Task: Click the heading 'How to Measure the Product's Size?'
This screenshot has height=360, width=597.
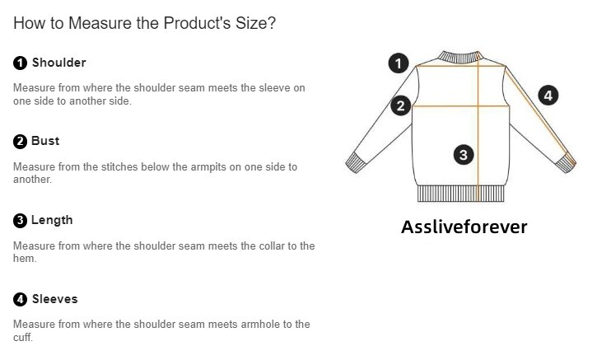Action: (144, 23)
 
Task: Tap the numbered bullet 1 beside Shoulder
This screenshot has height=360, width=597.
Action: (21, 63)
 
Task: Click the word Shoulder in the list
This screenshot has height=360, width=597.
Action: (59, 63)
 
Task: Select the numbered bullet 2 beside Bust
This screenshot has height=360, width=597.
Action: (21, 142)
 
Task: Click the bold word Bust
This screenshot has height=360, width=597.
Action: (45, 141)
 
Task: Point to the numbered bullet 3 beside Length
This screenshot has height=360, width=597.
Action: (21, 221)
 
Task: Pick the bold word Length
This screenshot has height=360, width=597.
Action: (52, 220)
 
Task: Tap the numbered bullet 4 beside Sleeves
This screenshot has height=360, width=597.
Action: (21, 299)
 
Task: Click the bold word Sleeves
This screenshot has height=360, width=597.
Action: (55, 299)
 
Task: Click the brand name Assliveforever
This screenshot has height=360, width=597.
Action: (464, 227)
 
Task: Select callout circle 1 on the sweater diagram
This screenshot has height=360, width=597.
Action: (399, 63)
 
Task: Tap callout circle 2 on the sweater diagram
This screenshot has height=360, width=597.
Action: (400, 106)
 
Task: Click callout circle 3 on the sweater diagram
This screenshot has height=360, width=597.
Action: (464, 155)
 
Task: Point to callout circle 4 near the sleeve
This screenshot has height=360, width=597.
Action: (548, 96)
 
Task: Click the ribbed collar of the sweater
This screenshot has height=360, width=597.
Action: (460, 57)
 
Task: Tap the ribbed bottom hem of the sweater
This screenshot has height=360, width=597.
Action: (460, 194)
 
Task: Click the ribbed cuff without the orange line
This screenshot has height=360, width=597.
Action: (356, 163)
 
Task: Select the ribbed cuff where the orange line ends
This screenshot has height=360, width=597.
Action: (566, 162)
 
